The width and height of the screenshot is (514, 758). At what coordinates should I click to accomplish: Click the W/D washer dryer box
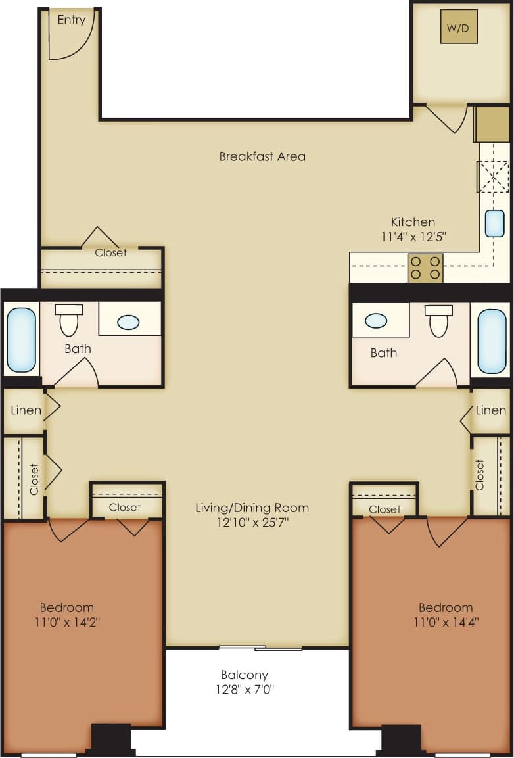pyautogui.click(x=459, y=27)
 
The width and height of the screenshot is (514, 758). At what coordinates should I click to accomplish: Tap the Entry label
pyautogui.click(x=71, y=20)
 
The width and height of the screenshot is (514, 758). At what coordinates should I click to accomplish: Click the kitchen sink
pyautogui.click(x=494, y=224)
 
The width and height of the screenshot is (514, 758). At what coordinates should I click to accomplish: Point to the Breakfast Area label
pyautogui.click(x=262, y=156)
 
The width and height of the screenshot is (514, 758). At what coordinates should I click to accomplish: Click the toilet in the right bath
pyautogui.click(x=438, y=320)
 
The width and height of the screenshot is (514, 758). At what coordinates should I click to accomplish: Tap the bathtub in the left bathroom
pyautogui.click(x=21, y=340)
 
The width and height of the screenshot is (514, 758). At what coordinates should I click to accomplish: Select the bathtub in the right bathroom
pyautogui.click(x=492, y=341)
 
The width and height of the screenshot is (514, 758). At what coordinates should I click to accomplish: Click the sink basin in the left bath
pyautogui.click(x=128, y=322)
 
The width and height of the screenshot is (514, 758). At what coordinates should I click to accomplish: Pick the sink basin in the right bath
pyautogui.click(x=376, y=321)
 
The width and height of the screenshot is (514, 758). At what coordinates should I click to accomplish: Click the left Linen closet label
pyautogui.click(x=26, y=410)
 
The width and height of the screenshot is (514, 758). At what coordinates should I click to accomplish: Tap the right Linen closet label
pyautogui.click(x=491, y=410)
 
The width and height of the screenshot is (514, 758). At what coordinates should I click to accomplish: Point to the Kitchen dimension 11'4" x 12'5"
pyautogui.click(x=413, y=237)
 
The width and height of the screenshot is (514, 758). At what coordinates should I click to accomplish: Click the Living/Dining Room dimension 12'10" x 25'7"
pyautogui.click(x=252, y=523)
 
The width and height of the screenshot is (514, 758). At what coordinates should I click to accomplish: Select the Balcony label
pyautogui.click(x=245, y=675)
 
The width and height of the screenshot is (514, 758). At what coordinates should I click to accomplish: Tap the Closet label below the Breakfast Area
pyautogui.click(x=110, y=252)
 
